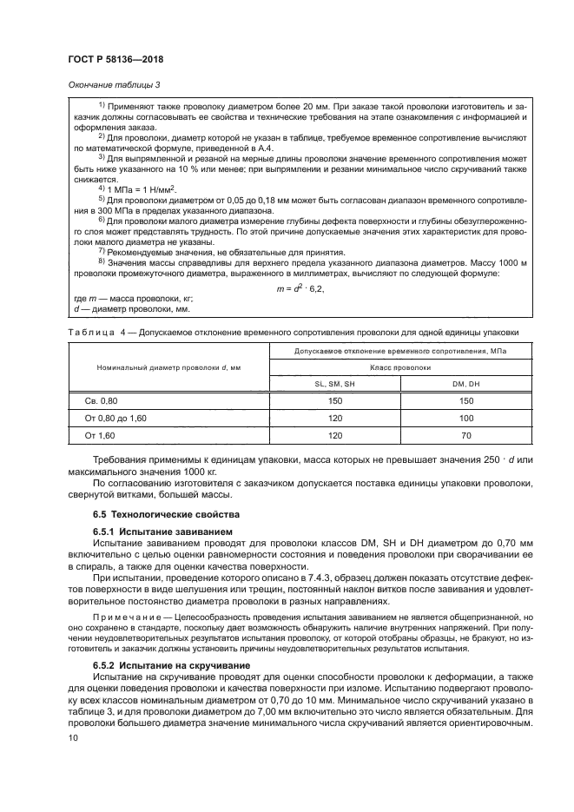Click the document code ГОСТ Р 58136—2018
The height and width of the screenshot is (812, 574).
[x=115, y=59]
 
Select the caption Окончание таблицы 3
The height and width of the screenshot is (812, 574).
[x=115, y=84]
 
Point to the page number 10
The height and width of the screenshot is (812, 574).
[x=72, y=737]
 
